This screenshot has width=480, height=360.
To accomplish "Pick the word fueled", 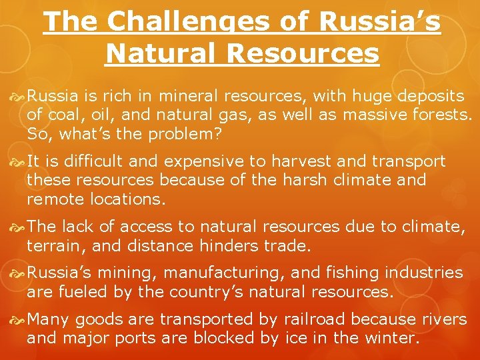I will [x=83, y=291].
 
